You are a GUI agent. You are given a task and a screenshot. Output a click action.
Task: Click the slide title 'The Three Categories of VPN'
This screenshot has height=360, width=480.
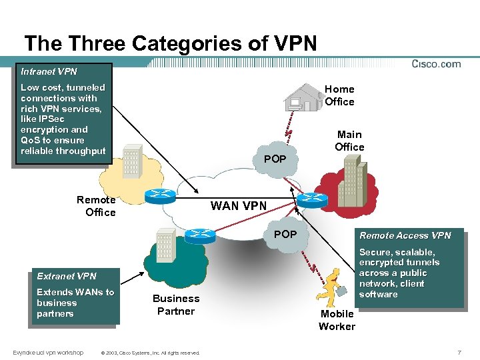click(x=170, y=44)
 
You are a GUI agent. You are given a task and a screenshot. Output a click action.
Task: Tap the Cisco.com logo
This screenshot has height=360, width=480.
click(x=436, y=64)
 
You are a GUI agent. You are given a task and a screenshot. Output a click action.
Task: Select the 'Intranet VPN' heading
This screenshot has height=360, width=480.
click(x=49, y=71)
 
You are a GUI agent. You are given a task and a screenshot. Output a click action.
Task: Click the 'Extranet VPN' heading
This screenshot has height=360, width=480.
click(x=67, y=276)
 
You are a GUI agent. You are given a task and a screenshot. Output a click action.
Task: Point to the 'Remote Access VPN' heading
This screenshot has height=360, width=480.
click(x=405, y=235)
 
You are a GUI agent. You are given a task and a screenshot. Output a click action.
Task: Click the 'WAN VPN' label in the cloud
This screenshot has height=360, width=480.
click(x=238, y=206)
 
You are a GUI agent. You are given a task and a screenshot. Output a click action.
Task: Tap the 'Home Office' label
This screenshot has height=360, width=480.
click(x=339, y=95)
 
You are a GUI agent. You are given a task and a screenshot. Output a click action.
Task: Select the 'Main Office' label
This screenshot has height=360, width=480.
click(x=349, y=141)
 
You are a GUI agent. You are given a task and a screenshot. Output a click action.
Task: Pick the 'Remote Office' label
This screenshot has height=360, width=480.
click(x=97, y=206)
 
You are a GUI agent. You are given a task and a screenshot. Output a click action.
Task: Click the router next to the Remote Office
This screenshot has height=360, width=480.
click(x=160, y=195)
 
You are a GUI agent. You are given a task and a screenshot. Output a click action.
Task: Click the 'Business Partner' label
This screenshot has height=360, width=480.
click(x=175, y=305)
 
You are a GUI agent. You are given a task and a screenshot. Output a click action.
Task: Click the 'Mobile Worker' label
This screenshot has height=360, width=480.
click(x=337, y=320)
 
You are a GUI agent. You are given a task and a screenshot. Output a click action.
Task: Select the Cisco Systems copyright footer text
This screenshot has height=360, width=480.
click(x=149, y=353)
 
